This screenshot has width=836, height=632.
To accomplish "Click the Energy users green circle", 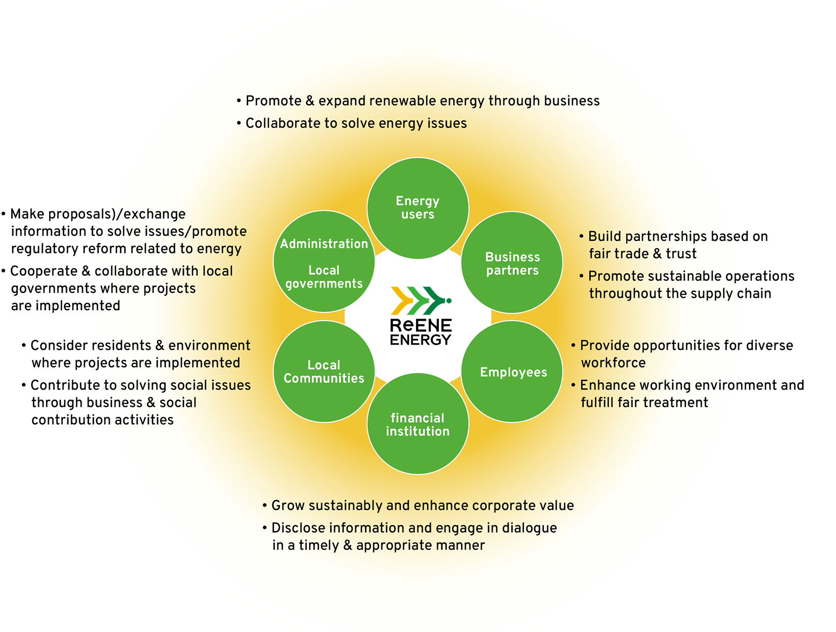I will (417, 208).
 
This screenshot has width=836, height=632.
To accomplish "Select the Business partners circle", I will (512, 263).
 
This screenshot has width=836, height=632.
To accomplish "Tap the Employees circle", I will (513, 372).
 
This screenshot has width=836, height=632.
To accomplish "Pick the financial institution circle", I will (417, 424).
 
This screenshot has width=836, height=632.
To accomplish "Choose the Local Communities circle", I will (324, 372).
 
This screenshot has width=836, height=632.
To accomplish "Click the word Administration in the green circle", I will (324, 244).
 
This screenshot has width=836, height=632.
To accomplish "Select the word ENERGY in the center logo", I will (421, 339).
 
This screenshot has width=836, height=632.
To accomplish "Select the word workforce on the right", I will (613, 363).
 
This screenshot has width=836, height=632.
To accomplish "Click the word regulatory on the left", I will (43, 249).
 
